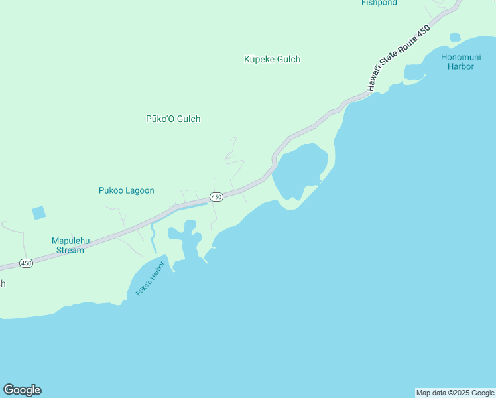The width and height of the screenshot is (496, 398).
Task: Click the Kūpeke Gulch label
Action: pos(272,60)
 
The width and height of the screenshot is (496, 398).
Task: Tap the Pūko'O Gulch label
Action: pos(172,119)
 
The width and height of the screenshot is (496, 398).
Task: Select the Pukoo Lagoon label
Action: pos(126,191)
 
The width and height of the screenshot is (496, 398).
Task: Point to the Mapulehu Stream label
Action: pos(68,245)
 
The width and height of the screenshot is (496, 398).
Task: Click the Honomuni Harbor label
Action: pos(458,62)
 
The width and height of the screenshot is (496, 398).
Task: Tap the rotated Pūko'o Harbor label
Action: pos(149,279)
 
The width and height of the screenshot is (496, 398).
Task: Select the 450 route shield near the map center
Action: pos(216,197)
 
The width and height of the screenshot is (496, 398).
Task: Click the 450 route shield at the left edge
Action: pos(25,263)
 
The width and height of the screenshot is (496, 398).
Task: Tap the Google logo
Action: pos(22,390)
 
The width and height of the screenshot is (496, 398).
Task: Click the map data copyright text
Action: pos(455,393)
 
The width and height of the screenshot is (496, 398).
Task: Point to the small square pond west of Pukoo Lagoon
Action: pos(39,213)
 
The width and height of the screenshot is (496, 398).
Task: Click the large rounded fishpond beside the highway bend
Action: pos(300,169)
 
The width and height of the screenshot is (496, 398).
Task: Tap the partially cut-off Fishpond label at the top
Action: pos(379,3)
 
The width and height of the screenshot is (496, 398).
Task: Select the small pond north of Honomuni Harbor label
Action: pos(454,37)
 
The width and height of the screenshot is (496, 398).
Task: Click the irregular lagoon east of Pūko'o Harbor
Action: pos(186,242)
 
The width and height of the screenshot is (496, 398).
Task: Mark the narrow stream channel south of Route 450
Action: pos(153,239)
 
